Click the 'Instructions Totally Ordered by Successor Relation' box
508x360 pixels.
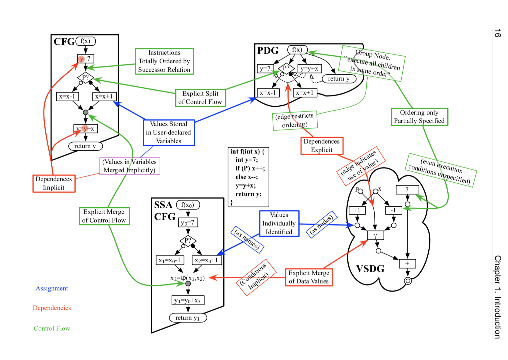pos(165,61)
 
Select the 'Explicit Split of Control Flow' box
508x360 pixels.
pos(200,98)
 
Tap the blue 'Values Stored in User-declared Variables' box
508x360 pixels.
pos(169,133)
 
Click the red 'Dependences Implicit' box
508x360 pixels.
pos(54,183)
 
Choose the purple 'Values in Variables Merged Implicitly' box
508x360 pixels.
pos(130,166)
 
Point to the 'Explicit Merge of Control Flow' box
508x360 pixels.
pos(104,216)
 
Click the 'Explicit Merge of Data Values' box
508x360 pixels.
pos(309,277)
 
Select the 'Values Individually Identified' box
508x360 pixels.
pos(279,223)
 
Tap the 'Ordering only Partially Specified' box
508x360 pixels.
pos(419,117)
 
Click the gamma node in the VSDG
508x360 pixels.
pos(375,235)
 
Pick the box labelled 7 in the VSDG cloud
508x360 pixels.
pos(407,189)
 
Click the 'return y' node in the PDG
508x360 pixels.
pos(339,79)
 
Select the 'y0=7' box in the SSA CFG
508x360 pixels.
pos(188,223)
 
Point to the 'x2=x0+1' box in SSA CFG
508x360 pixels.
pos(207,260)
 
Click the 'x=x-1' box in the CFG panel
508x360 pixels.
pos(67,96)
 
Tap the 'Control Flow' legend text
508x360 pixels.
pos(52,328)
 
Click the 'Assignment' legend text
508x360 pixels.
pos(52,288)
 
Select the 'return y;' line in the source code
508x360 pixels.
pos(248,194)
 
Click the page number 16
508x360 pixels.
pos(497,33)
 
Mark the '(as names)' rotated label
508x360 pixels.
pos(247,240)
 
